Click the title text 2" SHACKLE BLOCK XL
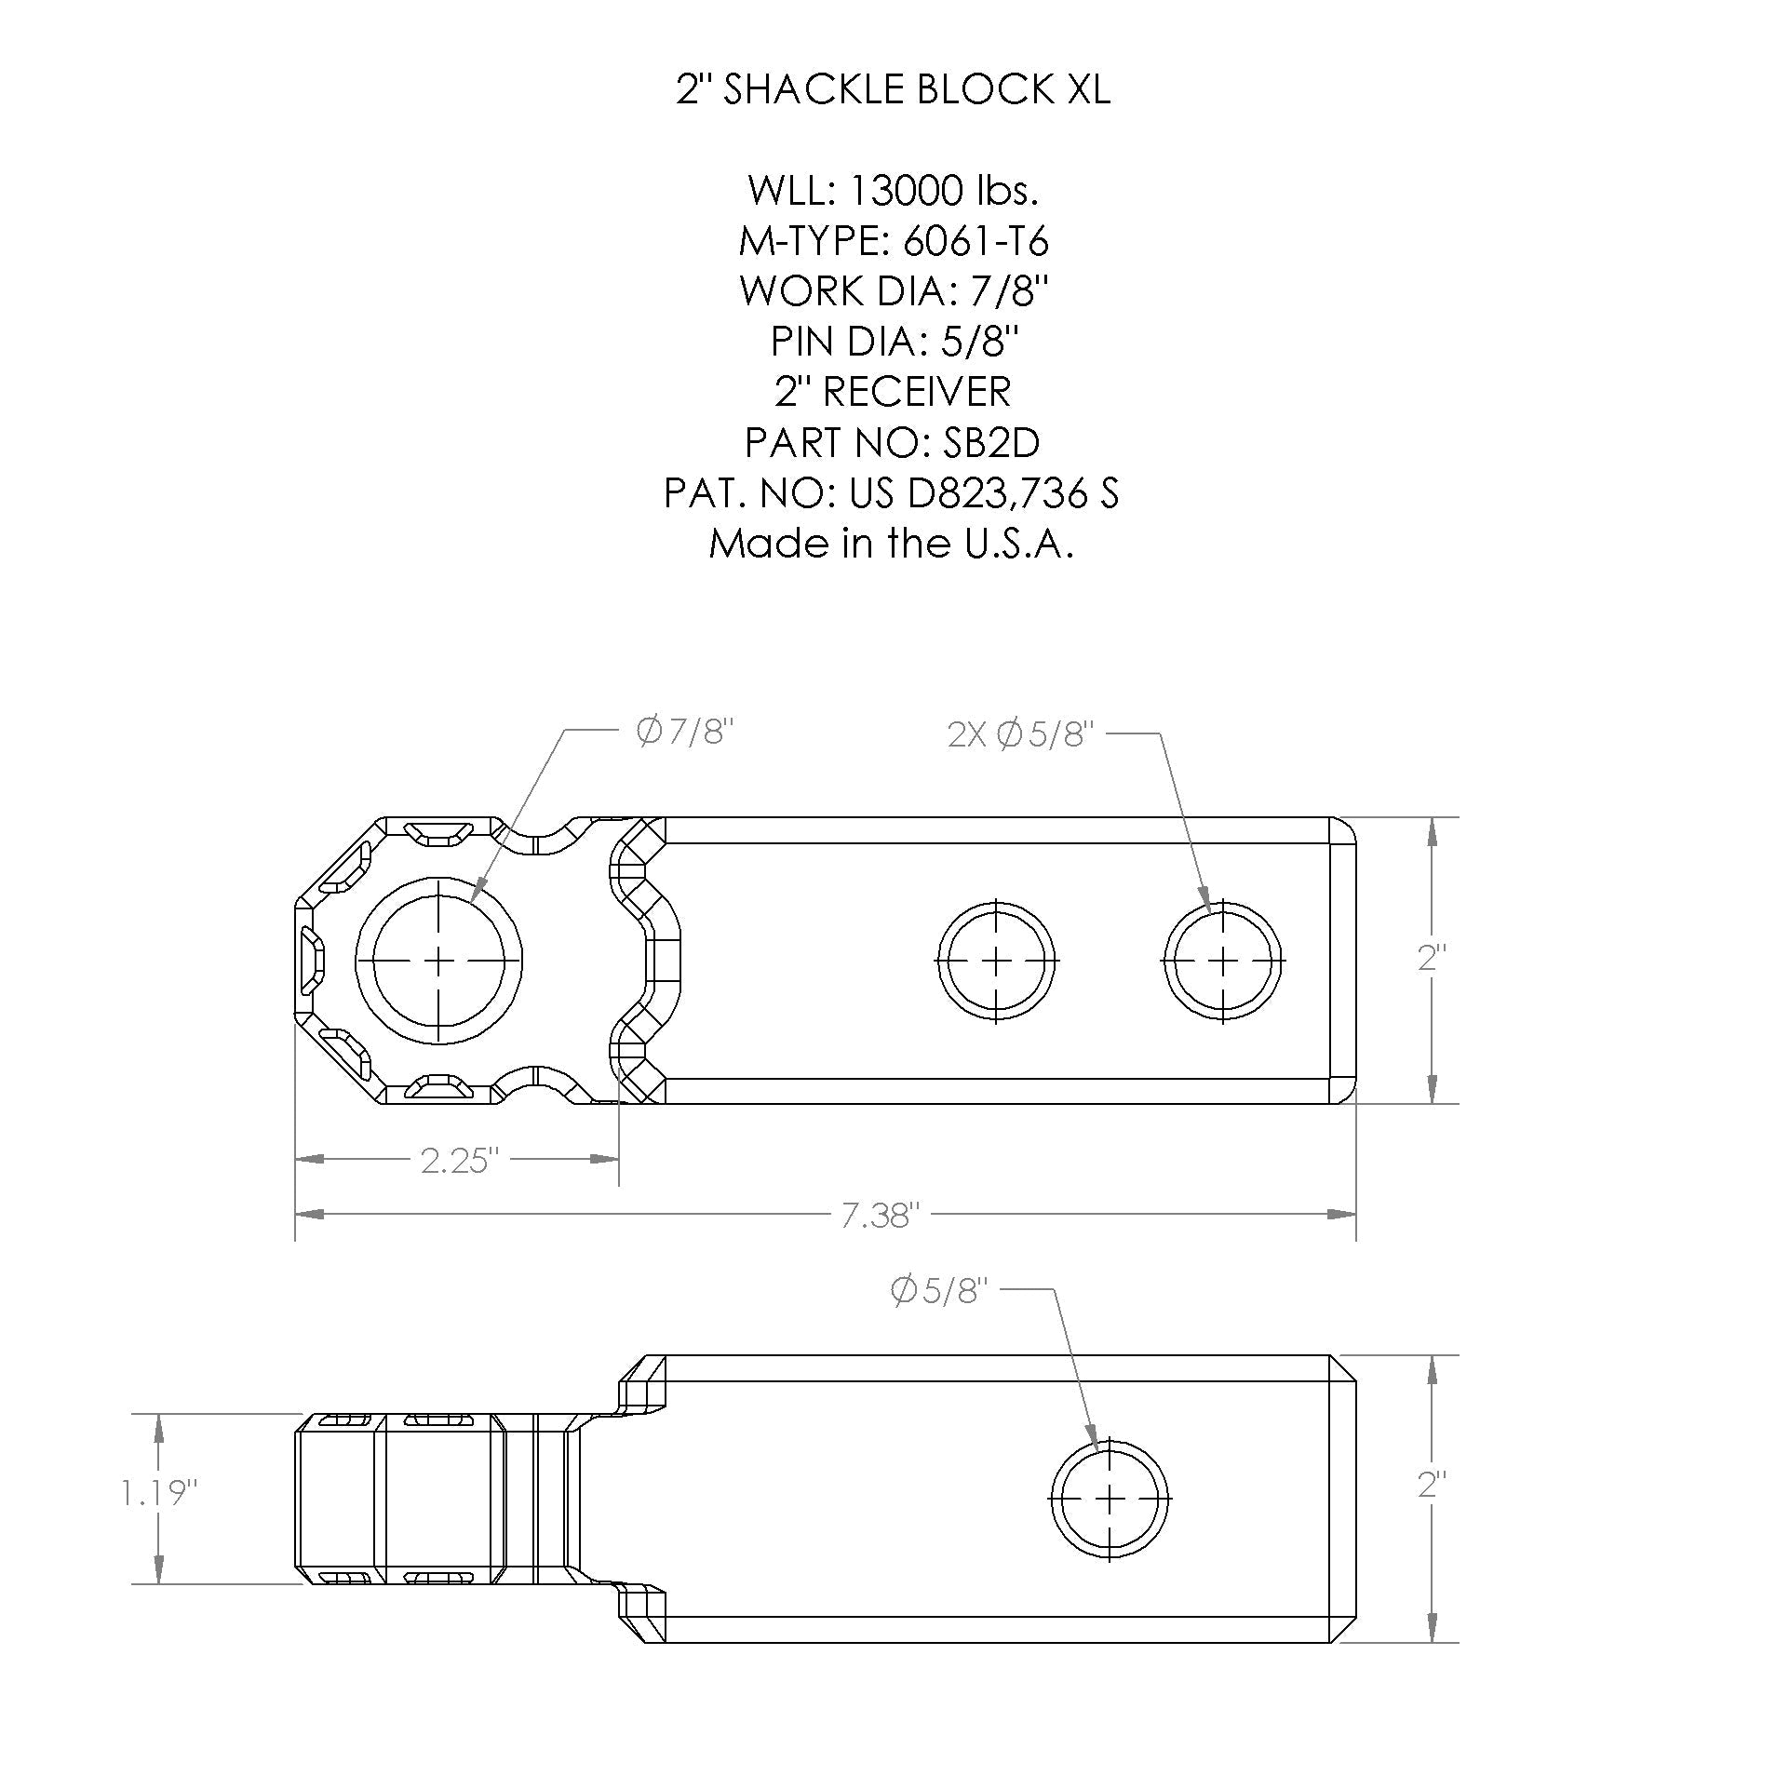(x=892, y=90)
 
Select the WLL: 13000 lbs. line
(x=892, y=191)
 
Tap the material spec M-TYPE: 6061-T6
(x=892, y=241)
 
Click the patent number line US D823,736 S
(x=892, y=492)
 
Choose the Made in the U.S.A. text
(x=892, y=543)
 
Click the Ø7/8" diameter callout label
(x=685, y=733)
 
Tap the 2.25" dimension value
(x=460, y=1161)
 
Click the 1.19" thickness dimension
(x=159, y=1494)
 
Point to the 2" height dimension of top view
(x=1432, y=959)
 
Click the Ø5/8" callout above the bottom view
(x=937, y=1292)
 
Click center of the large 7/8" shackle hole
(x=438, y=960)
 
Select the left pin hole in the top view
(x=997, y=960)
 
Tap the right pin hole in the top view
(x=1223, y=960)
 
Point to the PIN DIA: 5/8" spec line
(x=892, y=342)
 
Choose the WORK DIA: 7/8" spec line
(x=892, y=291)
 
